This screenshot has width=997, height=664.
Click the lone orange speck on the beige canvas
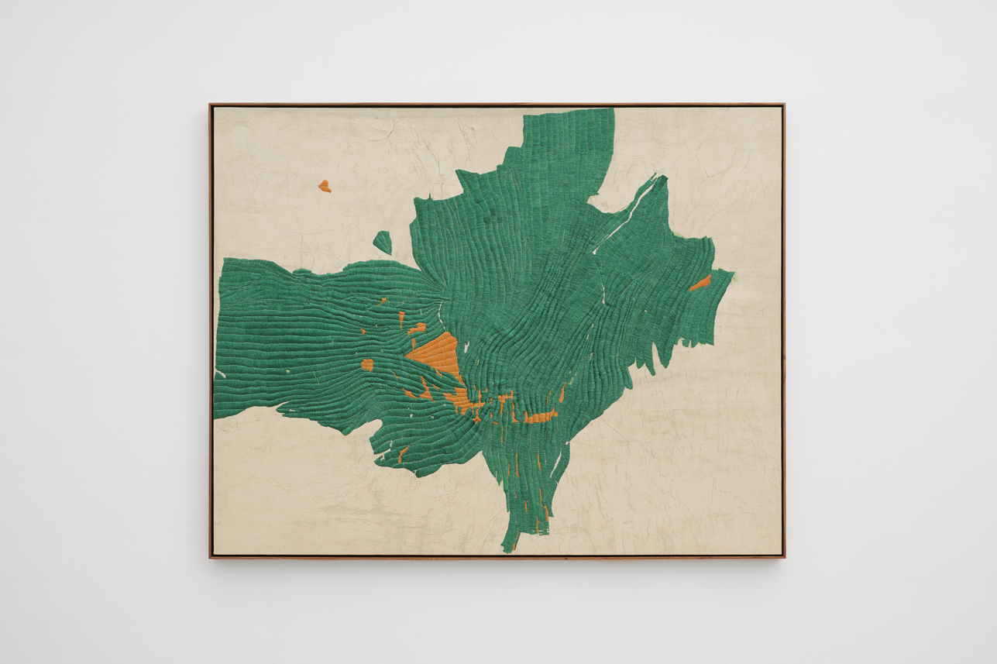point(325,186)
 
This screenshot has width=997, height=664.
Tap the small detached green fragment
point(383,242)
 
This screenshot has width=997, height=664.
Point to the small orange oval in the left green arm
point(367,364)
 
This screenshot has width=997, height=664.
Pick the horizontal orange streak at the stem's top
point(540,418)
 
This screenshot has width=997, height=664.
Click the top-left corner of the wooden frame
point(210,105)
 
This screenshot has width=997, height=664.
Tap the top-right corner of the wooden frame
point(784,105)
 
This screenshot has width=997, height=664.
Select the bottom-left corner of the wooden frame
point(210,557)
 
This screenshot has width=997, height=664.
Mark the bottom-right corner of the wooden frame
point(784,557)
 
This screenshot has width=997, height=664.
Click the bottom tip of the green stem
point(506,551)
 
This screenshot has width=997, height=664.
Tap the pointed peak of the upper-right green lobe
point(664,177)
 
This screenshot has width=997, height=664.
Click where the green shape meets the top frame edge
point(569,108)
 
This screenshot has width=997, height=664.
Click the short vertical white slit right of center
point(604,292)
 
